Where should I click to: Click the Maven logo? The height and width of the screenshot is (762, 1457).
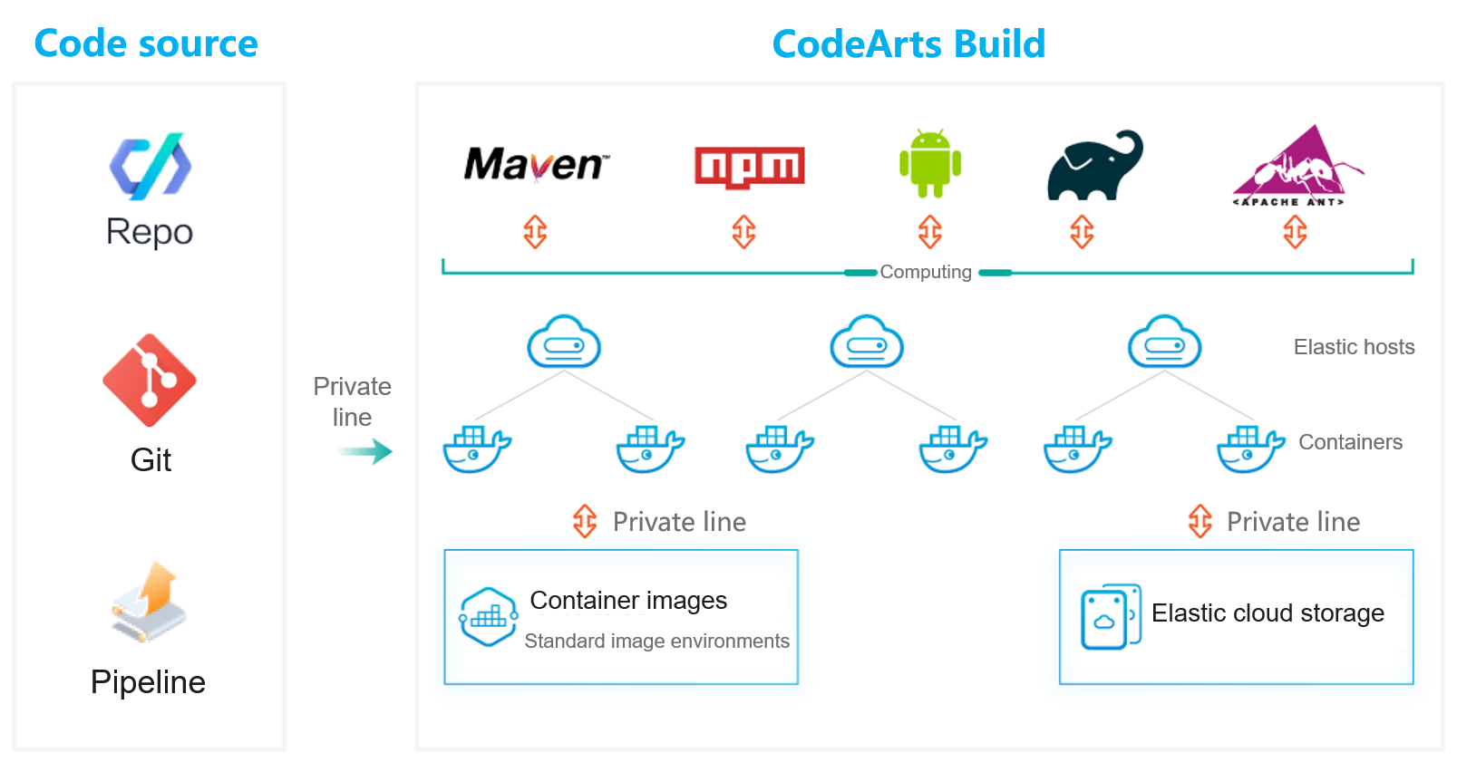[536, 164]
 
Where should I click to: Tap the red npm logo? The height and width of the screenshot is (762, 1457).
[749, 167]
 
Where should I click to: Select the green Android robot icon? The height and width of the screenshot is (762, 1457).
[930, 163]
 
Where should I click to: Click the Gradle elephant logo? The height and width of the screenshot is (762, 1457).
[1094, 166]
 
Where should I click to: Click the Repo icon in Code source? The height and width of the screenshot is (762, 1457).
[151, 167]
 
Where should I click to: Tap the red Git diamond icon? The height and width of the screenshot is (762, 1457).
[150, 380]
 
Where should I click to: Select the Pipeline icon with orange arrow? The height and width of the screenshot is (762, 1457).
[150, 602]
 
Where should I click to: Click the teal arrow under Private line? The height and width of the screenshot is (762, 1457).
[366, 451]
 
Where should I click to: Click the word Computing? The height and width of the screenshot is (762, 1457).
[926, 272]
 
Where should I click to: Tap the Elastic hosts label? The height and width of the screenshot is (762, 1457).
[1354, 347]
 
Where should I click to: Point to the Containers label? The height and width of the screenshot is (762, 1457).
[1350, 442]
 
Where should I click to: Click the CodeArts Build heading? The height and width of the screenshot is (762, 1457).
[908, 43]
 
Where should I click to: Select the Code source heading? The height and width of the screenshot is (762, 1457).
[146, 43]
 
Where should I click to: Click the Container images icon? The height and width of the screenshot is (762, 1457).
[488, 617]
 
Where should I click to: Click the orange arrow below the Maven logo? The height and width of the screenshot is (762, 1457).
[535, 232]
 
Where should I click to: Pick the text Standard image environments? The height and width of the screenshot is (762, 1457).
[656, 641]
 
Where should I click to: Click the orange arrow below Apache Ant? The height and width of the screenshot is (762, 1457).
[1295, 232]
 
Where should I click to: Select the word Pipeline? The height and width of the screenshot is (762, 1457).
[149, 682]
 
